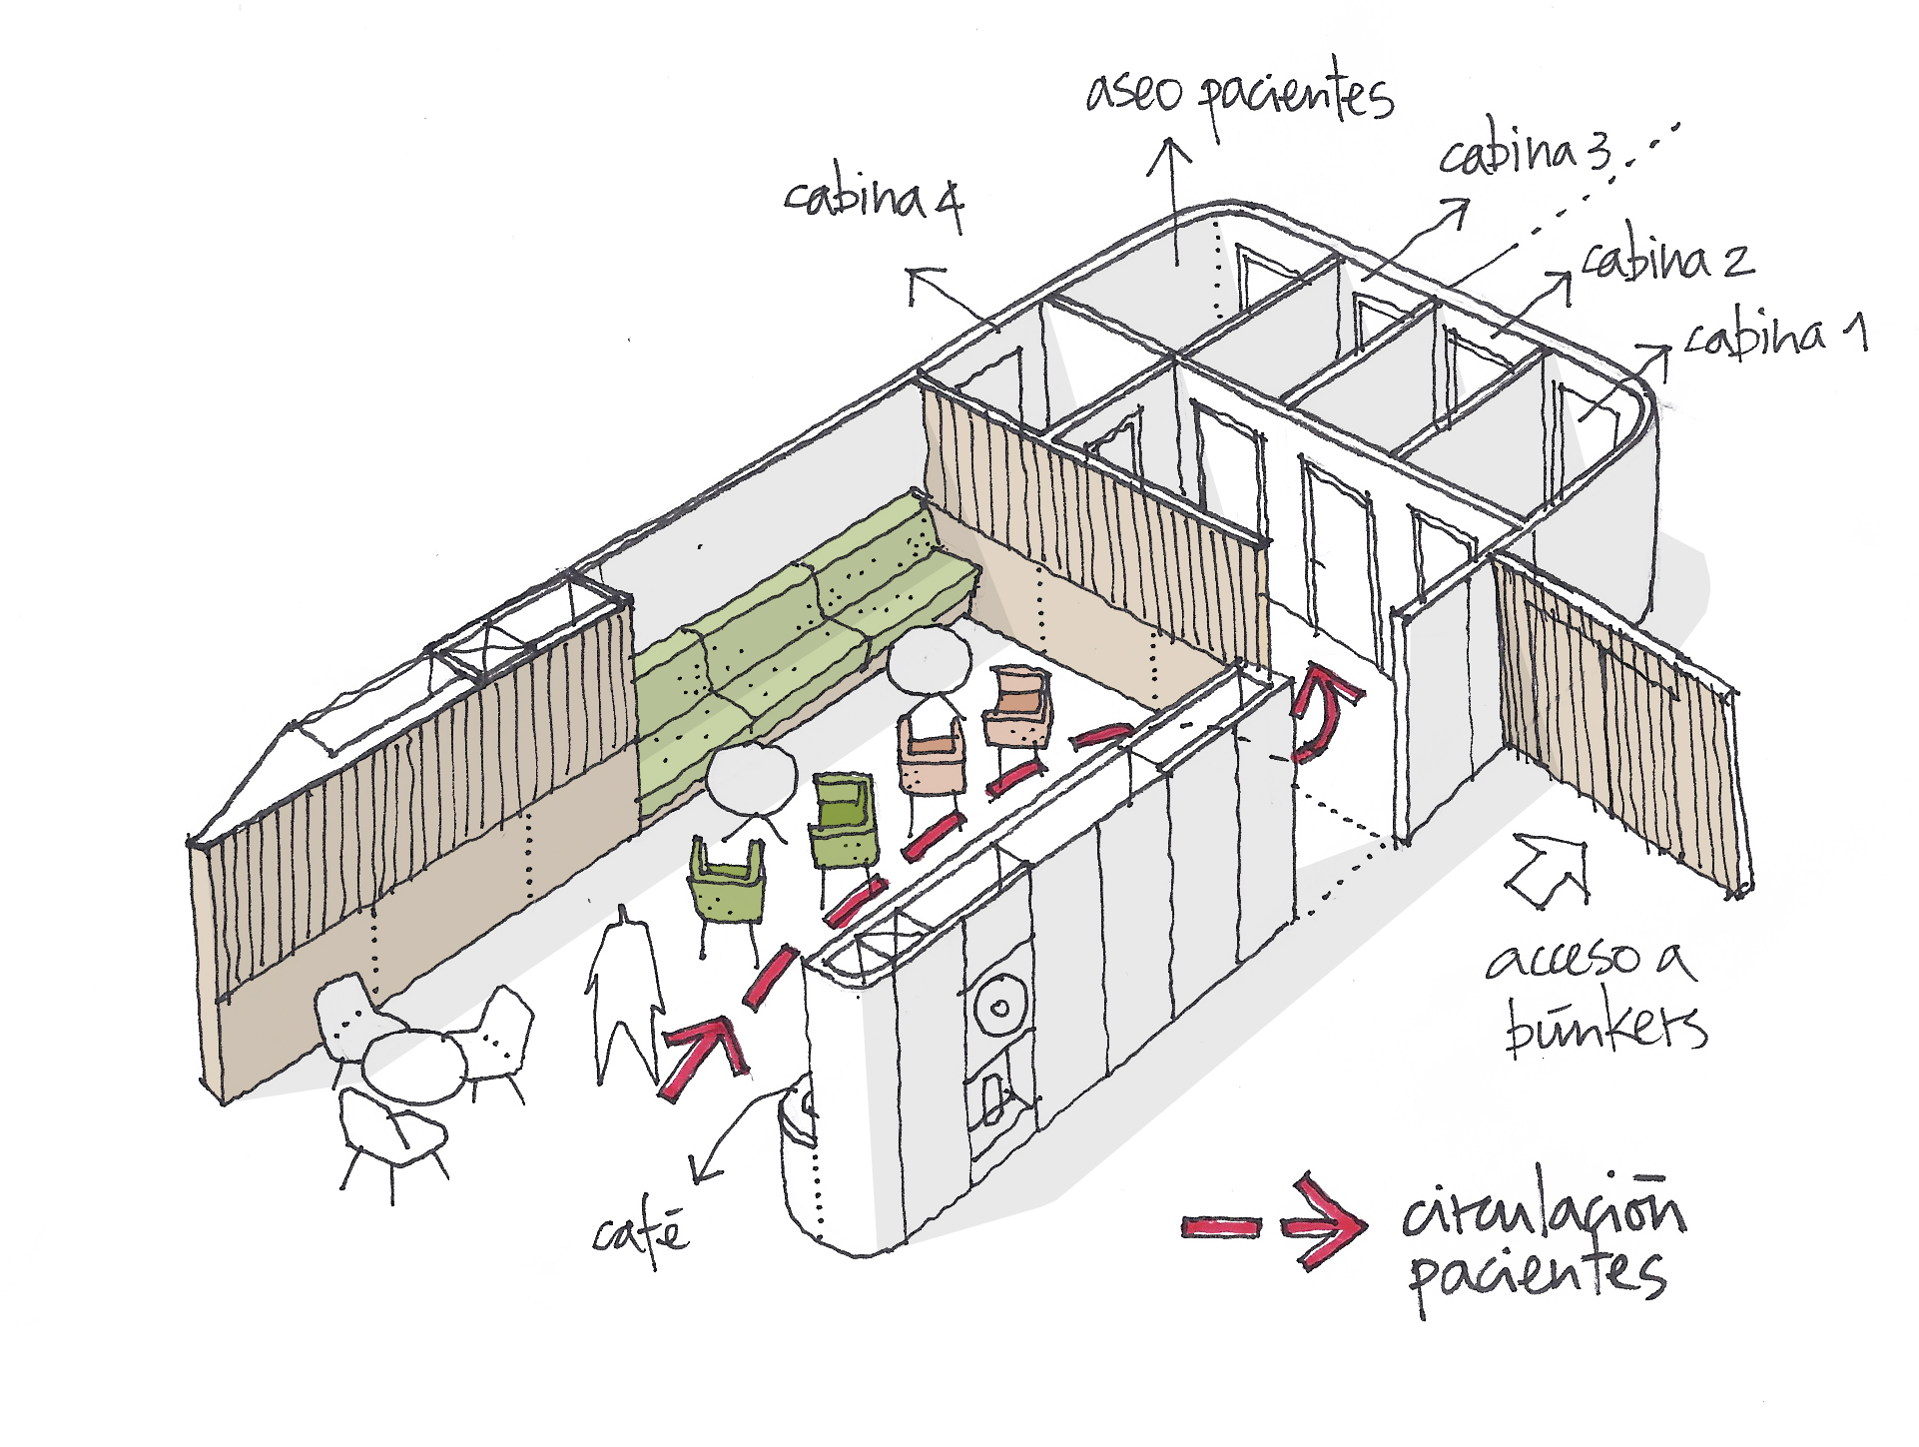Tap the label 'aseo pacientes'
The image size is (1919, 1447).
[1238, 95]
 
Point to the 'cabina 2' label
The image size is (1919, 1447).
[1667, 259]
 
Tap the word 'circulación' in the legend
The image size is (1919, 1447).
[1543, 1210]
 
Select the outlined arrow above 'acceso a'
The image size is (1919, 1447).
[1549, 869]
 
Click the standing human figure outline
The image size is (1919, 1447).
[625, 999]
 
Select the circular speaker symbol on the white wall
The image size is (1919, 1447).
[996, 1008]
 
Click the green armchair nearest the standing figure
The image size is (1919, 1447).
[728, 884]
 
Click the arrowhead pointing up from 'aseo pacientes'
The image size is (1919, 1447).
[1169, 155]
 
